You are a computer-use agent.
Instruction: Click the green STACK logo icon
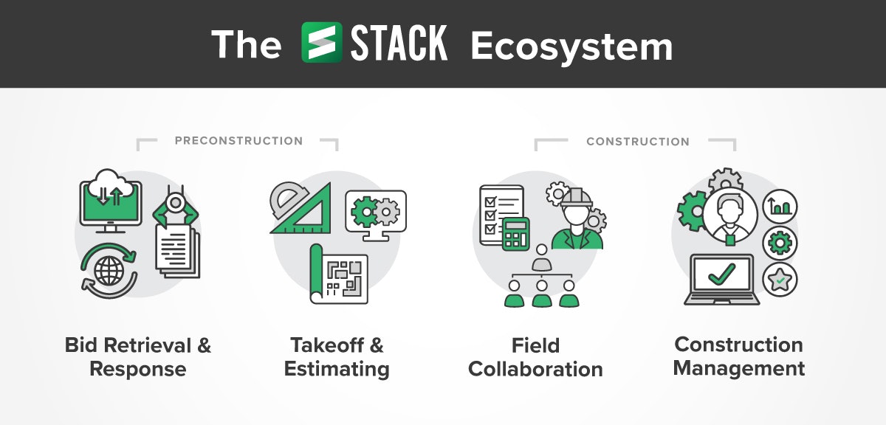tap(322, 42)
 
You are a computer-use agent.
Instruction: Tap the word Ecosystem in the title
tap(571, 46)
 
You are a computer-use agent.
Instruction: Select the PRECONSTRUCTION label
tap(239, 141)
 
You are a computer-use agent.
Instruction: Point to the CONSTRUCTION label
tap(638, 142)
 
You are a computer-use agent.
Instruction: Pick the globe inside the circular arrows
tap(109, 271)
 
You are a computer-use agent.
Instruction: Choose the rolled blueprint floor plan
tap(339, 274)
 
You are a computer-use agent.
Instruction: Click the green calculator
tap(516, 234)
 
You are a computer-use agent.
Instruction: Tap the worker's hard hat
tap(577, 197)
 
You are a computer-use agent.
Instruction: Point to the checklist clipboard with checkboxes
tap(501, 215)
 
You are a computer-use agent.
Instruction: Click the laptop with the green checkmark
tap(722, 279)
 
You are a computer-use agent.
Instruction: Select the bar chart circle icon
tap(780, 207)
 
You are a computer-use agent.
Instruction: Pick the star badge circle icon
tap(780, 280)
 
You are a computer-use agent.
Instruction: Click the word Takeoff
tap(326, 345)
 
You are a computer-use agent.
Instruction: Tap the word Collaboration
tap(535, 369)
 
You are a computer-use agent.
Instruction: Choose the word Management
tap(739, 369)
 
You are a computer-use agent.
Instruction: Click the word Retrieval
tap(147, 345)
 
